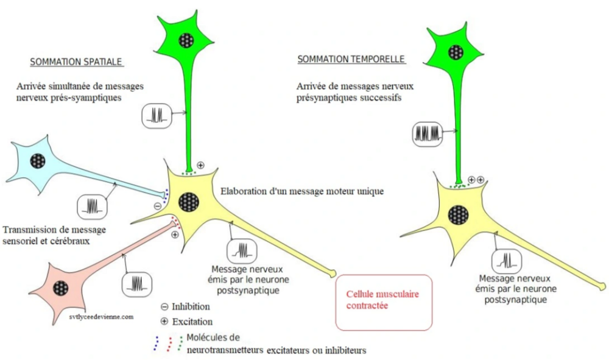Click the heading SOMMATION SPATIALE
click(77, 62)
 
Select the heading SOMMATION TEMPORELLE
click(351, 60)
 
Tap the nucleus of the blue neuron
click(38, 161)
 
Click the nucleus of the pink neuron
click(60, 288)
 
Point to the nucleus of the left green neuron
click(186, 41)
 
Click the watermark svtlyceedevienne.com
click(101, 316)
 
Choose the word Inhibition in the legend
click(191, 306)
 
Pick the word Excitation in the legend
click(192, 321)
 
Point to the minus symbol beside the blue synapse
click(157, 206)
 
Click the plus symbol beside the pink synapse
click(175, 235)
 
